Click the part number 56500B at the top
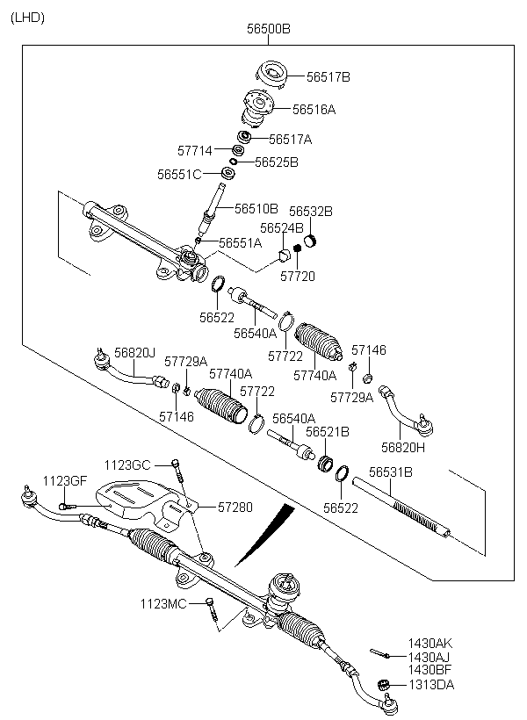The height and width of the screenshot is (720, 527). [268, 29]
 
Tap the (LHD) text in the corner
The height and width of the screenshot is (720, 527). [27, 18]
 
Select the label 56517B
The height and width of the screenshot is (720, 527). [328, 76]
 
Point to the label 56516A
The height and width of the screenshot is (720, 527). [314, 109]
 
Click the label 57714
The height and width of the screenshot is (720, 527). [195, 151]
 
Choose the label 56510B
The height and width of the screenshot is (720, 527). [256, 208]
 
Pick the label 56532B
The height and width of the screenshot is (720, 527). [311, 212]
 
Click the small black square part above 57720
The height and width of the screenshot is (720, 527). [297, 248]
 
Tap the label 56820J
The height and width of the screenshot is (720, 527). [134, 353]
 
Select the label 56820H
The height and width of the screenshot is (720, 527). [403, 447]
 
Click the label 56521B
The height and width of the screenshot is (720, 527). [327, 432]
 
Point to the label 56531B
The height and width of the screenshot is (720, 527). [391, 472]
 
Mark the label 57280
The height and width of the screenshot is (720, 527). [235, 507]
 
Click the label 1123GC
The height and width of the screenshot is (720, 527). [127, 465]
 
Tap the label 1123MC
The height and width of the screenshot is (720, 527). [163, 603]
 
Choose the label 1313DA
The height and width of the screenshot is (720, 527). [431, 685]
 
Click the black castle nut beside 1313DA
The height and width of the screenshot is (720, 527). [383, 684]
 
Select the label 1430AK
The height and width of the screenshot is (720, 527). [430, 644]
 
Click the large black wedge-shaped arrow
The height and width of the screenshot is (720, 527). [265, 534]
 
